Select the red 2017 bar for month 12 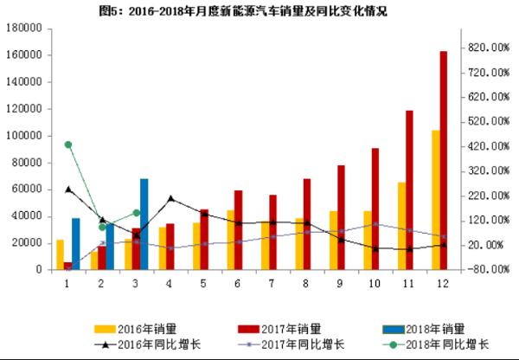click(444, 160)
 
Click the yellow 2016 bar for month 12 click(435, 200)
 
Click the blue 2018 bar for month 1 click(76, 243)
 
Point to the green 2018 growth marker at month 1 click(68, 145)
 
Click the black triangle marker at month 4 click(170, 199)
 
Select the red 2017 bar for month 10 click(375, 209)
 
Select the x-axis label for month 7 click(272, 283)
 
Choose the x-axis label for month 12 click(441, 283)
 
